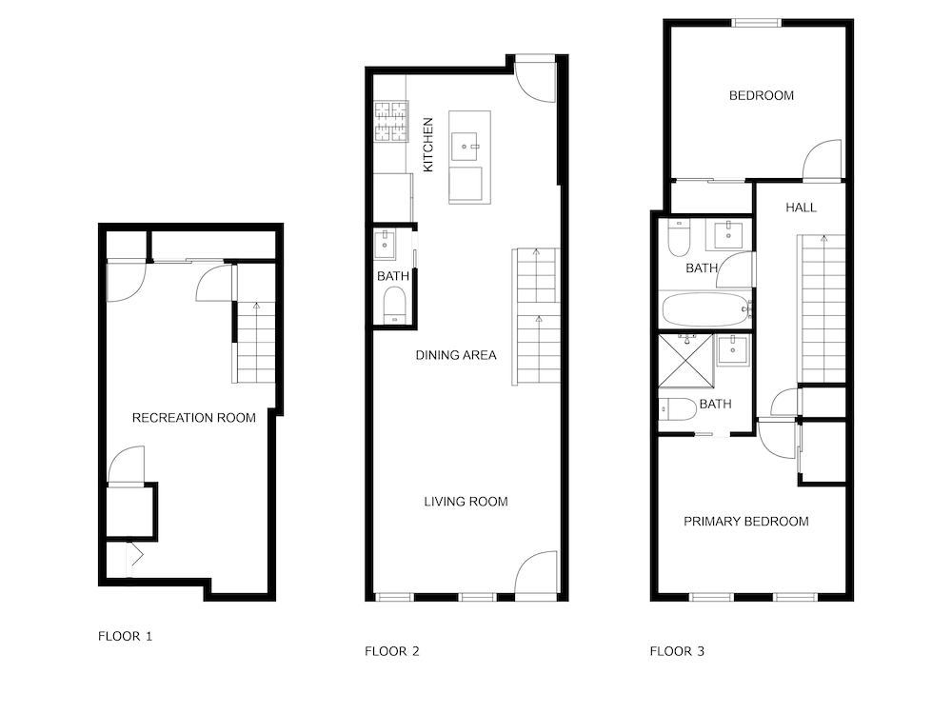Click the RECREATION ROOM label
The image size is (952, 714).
[x=193, y=418]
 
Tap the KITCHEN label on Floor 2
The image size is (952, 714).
[x=428, y=145]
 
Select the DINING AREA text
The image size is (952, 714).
[x=456, y=355]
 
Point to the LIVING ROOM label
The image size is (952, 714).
[x=466, y=502]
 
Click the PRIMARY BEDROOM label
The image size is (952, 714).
[x=746, y=522]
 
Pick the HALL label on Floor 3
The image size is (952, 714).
[x=801, y=208]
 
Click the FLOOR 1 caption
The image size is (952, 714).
[x=125, y=636]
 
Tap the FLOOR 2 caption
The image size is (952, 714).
[x=391, y=651]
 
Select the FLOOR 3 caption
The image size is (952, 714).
[x=677, y=651]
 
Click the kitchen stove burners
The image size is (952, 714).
[x=391, y=122]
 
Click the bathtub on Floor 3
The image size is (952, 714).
[x=706, y=309]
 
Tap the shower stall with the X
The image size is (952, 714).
[x=686, y=360]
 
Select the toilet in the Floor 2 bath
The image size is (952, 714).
[x=395, y=305]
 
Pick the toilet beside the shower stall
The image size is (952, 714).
[x=677, y=409]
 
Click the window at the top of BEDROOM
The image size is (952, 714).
[x=757, y=23]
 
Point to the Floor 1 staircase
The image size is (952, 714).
[x=255, y=343]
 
